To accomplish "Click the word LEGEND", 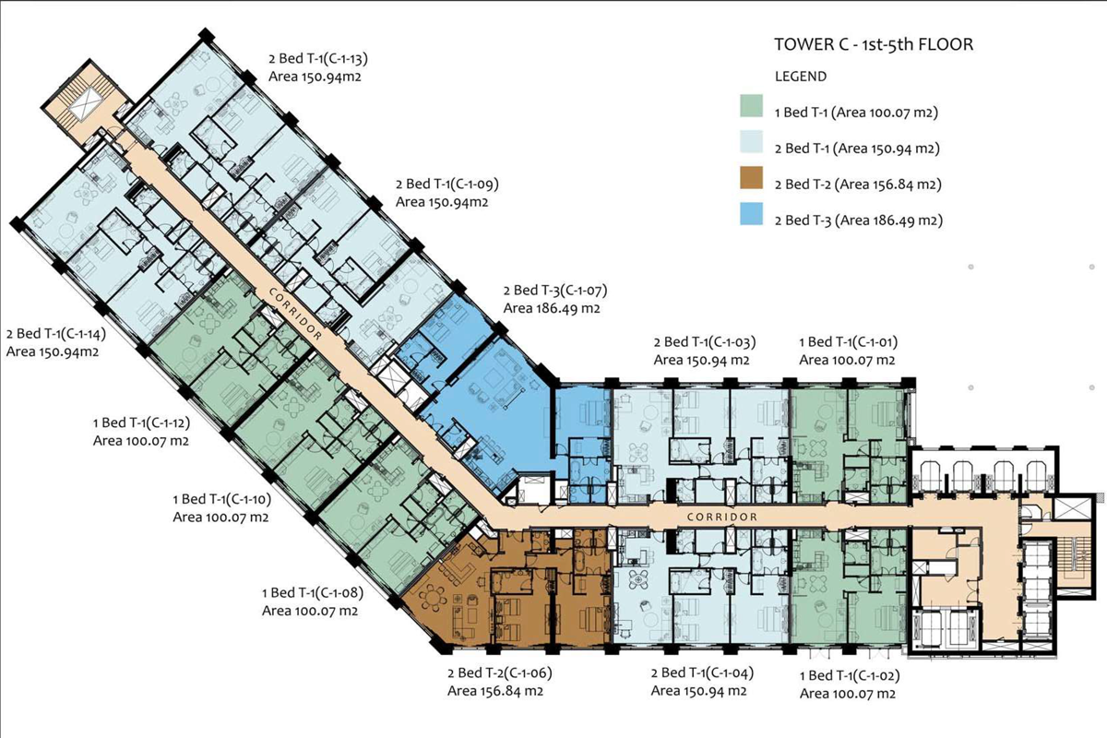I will pyautogui.click(x=801, y=77).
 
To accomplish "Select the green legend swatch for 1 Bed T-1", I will pyautogui.click(x=752, y=113).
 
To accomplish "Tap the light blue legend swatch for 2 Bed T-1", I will pyautogui.click(x=752, y=148).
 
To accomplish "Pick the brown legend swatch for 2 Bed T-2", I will pyautogui.click(x=752, y=184).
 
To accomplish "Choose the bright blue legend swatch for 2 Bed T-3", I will pyautogui.click(x=752, y=219).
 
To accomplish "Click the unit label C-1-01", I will pyautogui.click(x=847, y=343).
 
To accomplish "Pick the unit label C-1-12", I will pyautogui.click(x=141, y=424).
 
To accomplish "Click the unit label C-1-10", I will pyautogui.click(x=220, y=500).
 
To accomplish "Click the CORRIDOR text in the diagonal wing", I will pyautogui.click(x=297, y=314).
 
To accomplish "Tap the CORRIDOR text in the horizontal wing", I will pyautogui.click(x=722, y=517).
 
